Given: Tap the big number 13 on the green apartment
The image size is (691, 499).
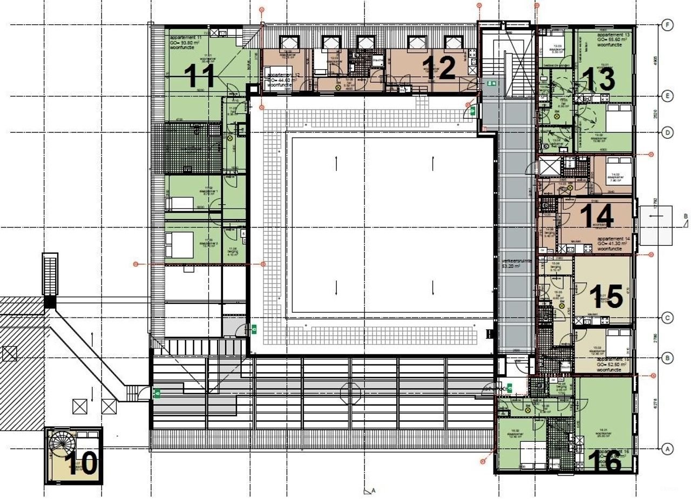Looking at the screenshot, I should pyautogui.click(x=599, y=79).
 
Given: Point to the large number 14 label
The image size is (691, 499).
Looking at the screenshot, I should pyautogui.click(x=597, y=216).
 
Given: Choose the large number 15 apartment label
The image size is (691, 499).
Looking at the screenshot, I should pyautogui.click(x=606, y=296).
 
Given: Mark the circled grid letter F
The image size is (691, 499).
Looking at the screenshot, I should pyautogui.click(x=668, y=25).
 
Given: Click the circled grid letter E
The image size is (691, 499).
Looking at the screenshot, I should pyautogui.click(x=668, y=96).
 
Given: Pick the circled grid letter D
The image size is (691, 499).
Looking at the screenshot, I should pyautogui.click(x=668, y=132).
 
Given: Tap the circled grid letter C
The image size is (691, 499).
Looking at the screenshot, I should pyautogui.click(x=668, y=318).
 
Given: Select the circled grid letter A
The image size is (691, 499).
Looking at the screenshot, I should pyautogui.click(x=668, y=448).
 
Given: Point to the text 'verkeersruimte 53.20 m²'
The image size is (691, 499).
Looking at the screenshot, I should pyautogui.click(x=517, y=263).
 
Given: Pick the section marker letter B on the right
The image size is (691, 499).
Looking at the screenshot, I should pyautogui.click(x=686, y=217).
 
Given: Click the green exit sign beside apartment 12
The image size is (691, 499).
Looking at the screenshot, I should pyautogui.click(x=472, y=111).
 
